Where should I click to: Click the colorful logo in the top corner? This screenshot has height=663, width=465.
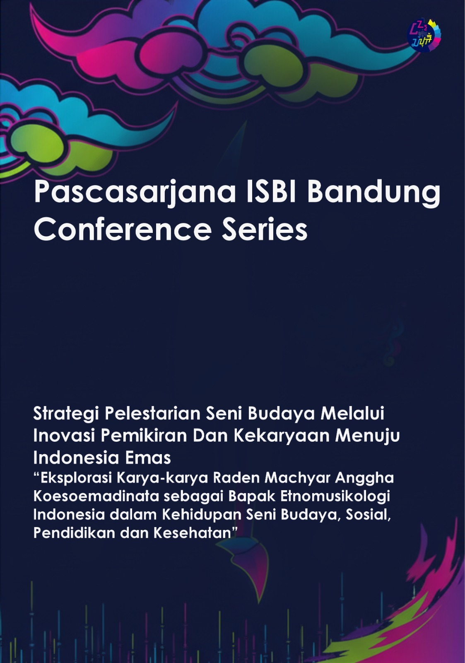pos(424,35)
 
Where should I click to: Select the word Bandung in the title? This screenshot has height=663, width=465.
pos(373,192)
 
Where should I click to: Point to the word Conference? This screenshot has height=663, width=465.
pos(123,229)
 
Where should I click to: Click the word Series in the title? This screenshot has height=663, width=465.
pos(265,229)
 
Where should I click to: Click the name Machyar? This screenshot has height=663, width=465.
pos(297,478)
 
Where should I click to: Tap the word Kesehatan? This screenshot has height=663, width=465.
pos(194,533)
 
